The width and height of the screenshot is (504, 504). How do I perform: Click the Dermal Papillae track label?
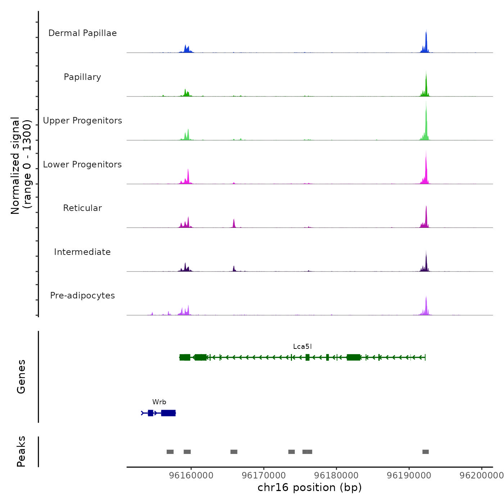click(82, 33)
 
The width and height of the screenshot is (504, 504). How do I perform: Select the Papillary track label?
click(82, 77)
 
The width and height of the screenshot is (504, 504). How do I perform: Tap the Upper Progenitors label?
click(82, 121)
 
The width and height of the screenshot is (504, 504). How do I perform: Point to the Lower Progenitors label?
click(82, 165)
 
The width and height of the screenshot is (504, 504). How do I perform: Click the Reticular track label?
click(82, 208)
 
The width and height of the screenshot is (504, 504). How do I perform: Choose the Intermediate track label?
click(82, 252)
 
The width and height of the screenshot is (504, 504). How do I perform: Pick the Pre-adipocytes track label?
click(82, 296)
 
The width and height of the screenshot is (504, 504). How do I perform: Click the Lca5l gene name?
click(302, 347)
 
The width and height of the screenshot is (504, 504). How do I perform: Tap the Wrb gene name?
click(159, 402)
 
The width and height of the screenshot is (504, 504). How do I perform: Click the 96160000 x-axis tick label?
click(191, 476)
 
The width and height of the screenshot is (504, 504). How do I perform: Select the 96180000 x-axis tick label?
click(336, 476)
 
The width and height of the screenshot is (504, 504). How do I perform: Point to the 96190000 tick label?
click(409, 476)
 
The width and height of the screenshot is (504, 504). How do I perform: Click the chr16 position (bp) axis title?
click(310, 488)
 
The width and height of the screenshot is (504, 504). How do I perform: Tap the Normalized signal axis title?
click(21, 166)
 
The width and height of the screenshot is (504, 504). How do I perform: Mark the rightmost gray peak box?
click(426, 452)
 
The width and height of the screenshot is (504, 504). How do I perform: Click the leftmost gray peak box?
click(170, 452)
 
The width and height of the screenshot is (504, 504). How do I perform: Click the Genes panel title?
click(21, 377)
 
